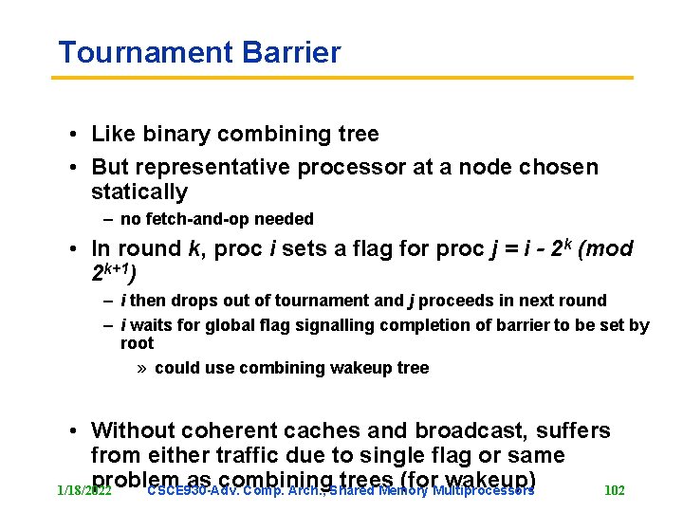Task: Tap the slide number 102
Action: point(615,490)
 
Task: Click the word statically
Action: point(139,192)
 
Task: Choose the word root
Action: point(138,343)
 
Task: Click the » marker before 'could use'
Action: point(142,368)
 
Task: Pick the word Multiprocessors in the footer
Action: point(482,491)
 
